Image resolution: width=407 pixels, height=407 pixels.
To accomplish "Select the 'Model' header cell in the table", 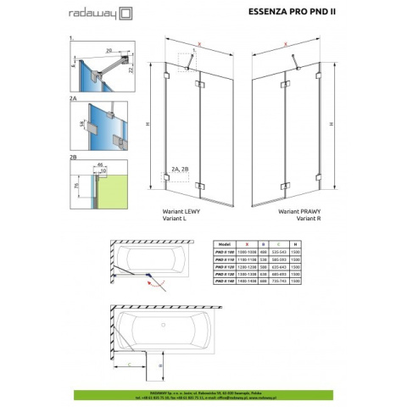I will pos(226,243).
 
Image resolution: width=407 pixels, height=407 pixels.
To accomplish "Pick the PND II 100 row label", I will pos(226,251).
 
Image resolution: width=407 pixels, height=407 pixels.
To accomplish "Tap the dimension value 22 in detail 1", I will pos(131,73).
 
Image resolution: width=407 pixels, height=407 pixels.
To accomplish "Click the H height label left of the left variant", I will pos(148,125).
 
